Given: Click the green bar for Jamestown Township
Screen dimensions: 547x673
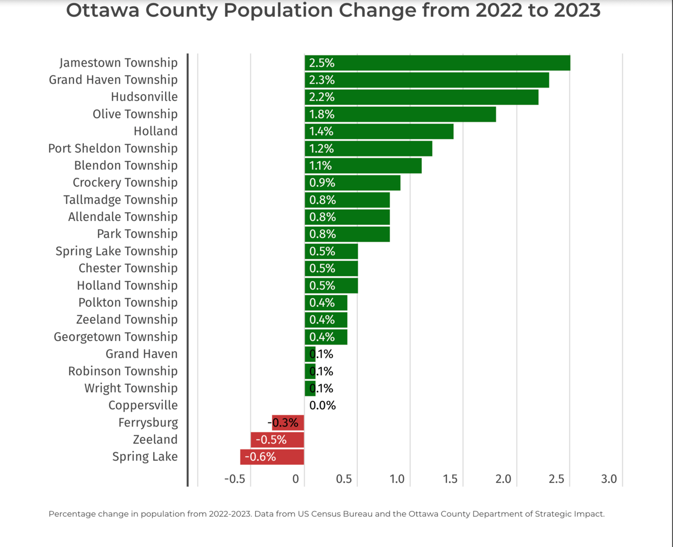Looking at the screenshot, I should coord(437,63).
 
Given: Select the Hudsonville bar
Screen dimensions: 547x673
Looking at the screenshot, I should coord(421,97).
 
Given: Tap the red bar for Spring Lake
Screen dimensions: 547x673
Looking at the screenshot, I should coord(272,457).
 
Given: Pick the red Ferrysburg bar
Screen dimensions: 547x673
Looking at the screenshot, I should coord(288,422).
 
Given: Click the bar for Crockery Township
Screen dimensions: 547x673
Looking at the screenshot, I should coord(352,183).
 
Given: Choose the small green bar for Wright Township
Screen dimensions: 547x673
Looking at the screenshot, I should coord(310,388).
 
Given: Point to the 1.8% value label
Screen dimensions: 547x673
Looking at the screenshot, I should coord(321,114).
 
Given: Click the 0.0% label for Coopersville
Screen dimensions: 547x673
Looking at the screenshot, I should coord(322,405).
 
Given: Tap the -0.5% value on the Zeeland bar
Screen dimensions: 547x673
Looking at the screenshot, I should coord(271,440).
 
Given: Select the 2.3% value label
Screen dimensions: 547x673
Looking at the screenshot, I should coord(321,80).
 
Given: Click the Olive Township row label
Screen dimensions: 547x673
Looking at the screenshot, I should coord(135,114).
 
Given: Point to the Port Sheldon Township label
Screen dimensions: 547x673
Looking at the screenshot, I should coord(113,148).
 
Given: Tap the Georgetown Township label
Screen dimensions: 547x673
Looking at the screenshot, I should coord(116,337).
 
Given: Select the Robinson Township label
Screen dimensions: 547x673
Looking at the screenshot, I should coord(123,371).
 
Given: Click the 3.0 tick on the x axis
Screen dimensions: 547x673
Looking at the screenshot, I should coord(609,479).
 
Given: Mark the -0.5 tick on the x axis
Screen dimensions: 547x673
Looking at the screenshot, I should coord(234,479).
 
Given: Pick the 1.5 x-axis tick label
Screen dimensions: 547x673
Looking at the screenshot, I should coord(450,479).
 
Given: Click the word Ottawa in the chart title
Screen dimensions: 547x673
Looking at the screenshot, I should coord(103,10).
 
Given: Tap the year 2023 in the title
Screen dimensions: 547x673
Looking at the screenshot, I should coord(573,10).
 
